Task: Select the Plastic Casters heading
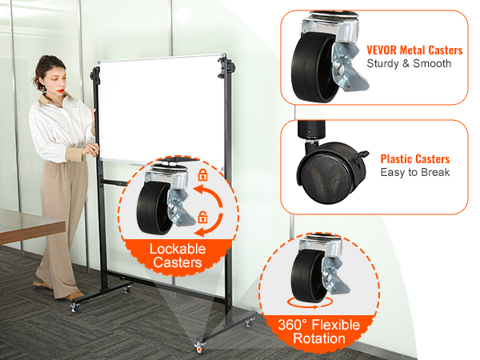click(414, 159)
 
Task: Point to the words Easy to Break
click(414, 172)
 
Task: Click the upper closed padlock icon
click(202, 174)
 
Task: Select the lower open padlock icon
click(203, 216)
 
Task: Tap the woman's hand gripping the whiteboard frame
click(93, 149)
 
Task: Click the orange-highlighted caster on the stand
click(198, 347)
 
